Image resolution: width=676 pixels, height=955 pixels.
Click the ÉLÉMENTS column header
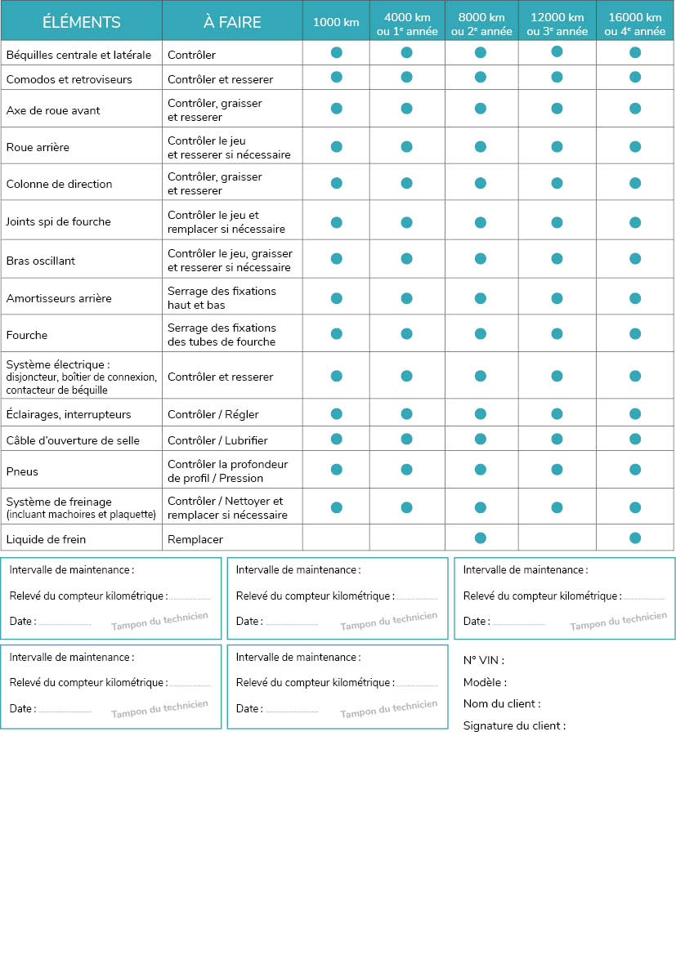pos(81,22)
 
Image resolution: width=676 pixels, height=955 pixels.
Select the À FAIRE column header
pos(232,22)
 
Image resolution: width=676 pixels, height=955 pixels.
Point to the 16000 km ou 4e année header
pos(635,25)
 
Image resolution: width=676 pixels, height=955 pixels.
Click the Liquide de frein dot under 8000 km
pos(481,538)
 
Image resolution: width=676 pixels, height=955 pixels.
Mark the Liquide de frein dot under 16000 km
pos(635,538)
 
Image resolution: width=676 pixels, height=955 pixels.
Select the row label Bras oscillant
pos(41,261)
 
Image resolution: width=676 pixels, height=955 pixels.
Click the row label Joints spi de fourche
pos(58,221)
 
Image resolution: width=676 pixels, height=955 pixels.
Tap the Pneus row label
pos(22,471)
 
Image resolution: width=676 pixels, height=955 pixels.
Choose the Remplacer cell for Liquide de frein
pos(195,539)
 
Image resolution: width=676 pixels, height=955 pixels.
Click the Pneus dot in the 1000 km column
pos(336,470)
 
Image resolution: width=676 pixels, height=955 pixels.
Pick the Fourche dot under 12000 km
pos(557,333)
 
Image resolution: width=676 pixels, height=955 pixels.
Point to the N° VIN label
pos(483,660)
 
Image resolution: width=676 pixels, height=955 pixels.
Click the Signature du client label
pos(514,725)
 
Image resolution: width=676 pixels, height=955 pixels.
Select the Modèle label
pos(485,682)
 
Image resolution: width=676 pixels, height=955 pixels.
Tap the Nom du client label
pos(501,703)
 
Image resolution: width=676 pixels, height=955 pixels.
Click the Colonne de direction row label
pos(59,184)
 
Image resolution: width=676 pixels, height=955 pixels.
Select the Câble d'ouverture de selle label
pos(73,440)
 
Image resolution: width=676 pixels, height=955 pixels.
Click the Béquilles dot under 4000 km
pos(406,53)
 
